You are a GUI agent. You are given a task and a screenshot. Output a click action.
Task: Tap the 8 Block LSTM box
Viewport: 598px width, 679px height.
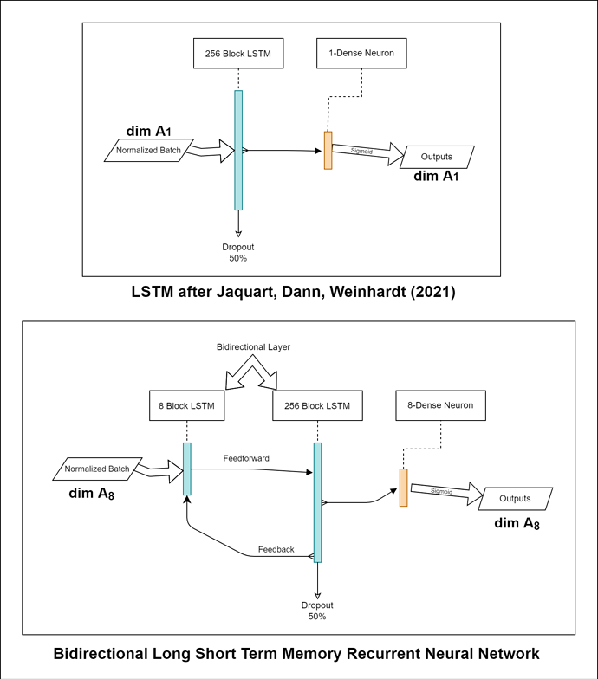point(187,405)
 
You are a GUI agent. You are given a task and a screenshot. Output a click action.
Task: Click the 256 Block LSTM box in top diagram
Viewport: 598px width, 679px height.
point(237,54)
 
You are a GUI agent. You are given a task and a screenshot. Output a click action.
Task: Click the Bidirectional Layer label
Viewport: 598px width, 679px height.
point(252,346)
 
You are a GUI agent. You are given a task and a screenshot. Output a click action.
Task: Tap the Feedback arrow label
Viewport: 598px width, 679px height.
point(276,549)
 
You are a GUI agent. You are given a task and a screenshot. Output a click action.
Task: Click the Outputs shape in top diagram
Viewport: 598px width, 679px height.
point(437,157)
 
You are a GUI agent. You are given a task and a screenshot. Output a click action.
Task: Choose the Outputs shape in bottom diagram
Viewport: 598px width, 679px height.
point(516,499)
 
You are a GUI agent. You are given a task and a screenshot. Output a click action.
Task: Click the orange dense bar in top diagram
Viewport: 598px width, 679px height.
point(328,150)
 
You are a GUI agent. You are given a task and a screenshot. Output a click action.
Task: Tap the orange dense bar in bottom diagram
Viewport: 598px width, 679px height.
point(403,488)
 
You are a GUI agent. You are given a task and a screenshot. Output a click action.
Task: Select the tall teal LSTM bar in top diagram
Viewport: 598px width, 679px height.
point(238,150)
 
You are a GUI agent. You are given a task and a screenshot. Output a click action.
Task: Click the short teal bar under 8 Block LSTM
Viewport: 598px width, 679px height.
point(187,469)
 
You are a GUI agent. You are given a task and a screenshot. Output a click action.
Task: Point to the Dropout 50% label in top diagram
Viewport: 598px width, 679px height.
point(238,252)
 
